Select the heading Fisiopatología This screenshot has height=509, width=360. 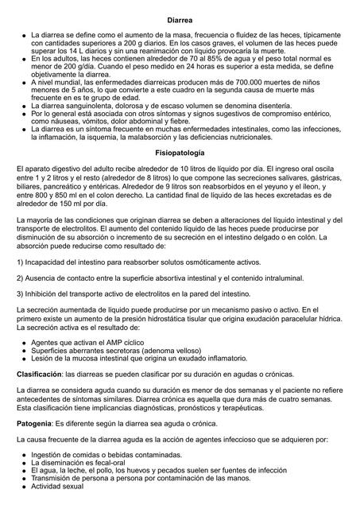coord(180,151)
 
